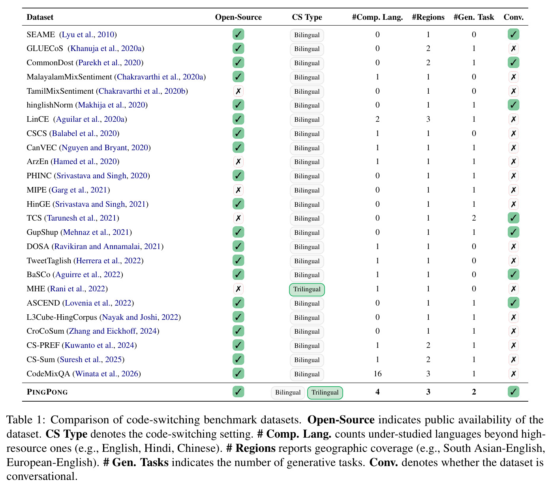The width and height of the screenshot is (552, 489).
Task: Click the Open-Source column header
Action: point(238,17)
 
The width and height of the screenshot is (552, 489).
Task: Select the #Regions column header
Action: point(428,17)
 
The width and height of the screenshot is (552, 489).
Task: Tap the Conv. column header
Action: point(513,17)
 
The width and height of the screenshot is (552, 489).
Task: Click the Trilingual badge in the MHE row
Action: point(307,289)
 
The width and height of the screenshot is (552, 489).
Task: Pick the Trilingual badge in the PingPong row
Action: point(325,392)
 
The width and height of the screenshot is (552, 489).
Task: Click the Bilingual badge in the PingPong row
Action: point(288,392)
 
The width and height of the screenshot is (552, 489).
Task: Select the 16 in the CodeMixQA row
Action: point(377,374)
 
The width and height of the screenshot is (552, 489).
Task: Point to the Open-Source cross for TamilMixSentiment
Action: point(238,91)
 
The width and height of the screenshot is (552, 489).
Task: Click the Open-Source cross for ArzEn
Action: point(238,161)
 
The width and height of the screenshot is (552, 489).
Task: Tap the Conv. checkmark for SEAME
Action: point(513,34)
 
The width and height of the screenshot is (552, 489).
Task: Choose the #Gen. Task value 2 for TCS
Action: point(474,218)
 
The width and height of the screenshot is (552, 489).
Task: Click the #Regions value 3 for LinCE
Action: point(428,119)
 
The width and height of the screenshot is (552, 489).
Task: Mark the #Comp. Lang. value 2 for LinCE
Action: point(377,119)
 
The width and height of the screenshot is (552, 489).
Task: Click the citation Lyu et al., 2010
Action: point(88,35)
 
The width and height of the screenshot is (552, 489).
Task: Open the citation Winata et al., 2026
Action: point(107,374)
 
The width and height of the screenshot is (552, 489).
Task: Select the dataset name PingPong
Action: point(47,392)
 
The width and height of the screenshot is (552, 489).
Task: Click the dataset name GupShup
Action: point(42,232)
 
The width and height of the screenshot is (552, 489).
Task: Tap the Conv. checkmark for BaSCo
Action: point(513,274)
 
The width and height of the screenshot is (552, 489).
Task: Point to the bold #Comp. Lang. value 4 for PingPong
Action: point(377,392)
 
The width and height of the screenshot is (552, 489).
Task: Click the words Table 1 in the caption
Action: point(26,420)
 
